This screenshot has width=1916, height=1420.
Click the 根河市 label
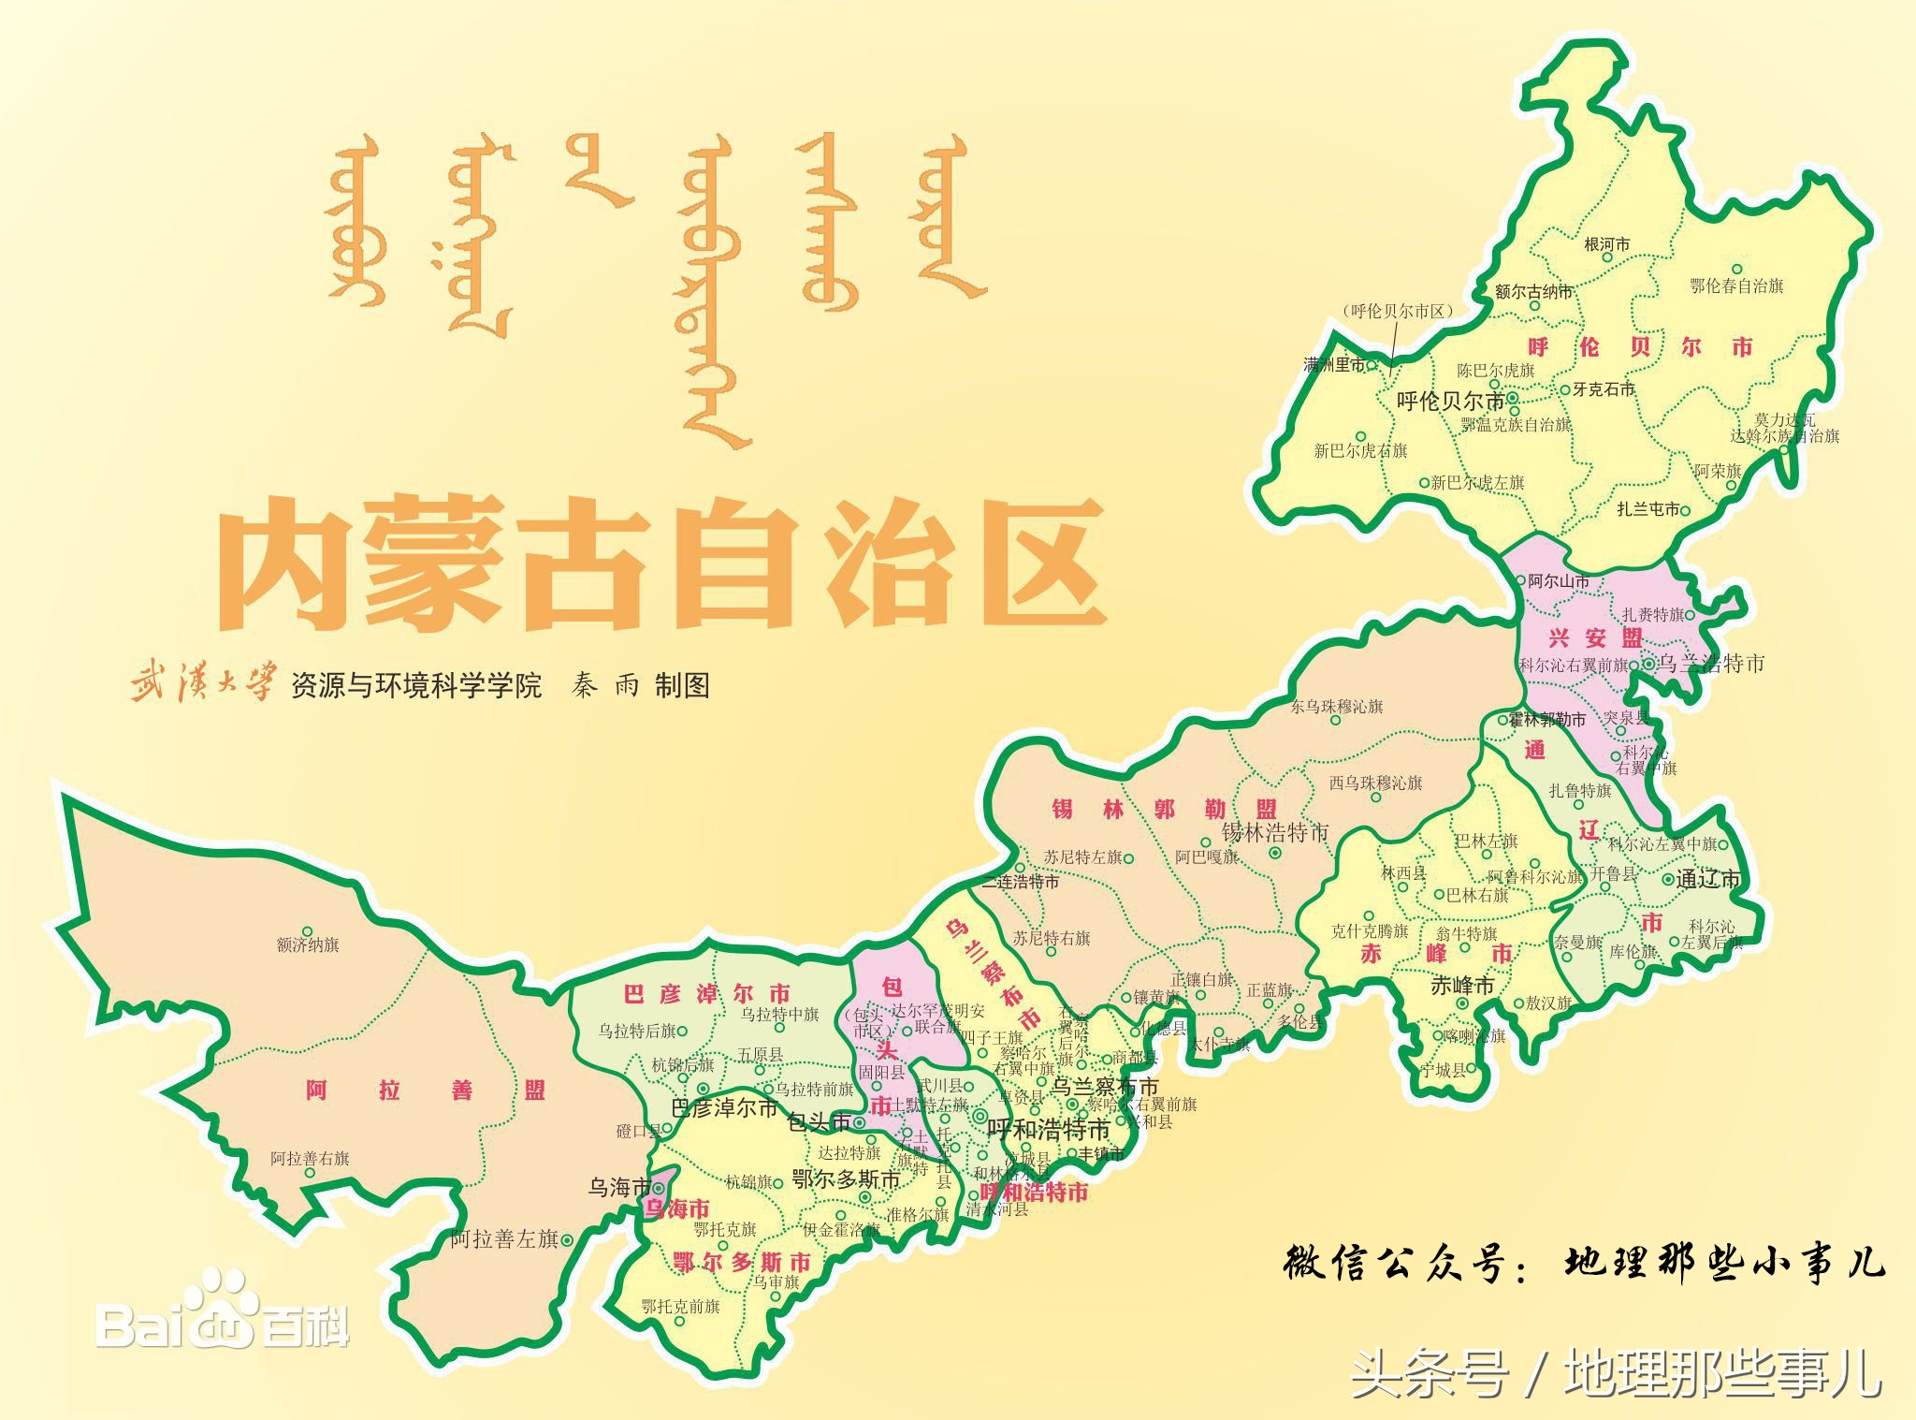pyautogui.click(x=1606, y=245)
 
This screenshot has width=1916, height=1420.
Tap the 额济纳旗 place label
pyautogui.click(x=308, y=944)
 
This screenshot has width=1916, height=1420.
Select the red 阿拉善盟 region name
pyautogui.click(x=425, y=1091)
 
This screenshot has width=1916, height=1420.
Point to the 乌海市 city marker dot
pyautogui.click(x=659, y=1189)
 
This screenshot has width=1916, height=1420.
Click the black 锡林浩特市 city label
pyautogui.click(x=1275, y=832)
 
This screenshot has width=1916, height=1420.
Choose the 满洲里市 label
pyautogui.click(x=1335, y=364)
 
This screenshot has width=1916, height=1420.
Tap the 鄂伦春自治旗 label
pyautogui.click(x=1736, y=286)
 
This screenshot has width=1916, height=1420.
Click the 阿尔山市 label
pyautogui.click(x=1558, y=581)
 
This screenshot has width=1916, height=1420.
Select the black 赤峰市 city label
pyautogui.click(x=1462, y=986)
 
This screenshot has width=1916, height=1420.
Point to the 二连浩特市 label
pyautogui.click(x=1021, y=882)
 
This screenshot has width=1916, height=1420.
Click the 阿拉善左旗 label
pyautogui.click(x=504, y=1239)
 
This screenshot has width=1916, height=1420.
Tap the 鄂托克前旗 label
pyautogui.click(x=680, y=1306)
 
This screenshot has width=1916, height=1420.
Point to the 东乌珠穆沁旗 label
pyautogui.click(x=1336, y=707)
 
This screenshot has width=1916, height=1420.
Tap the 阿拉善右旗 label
pyautogui.click(x=310, y=1159)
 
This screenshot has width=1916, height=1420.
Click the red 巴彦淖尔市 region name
pyautogui.click(x=706, y=993)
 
